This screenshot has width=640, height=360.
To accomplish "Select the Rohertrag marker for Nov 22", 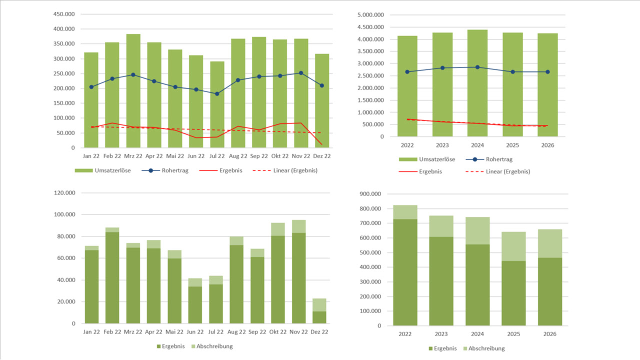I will tap(301, 73).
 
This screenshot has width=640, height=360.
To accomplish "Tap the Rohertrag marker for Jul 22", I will tap(217, 94).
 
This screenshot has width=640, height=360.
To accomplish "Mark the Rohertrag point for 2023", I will tap(442, 68).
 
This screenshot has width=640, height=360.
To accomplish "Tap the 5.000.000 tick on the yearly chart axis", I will tap(370, 14).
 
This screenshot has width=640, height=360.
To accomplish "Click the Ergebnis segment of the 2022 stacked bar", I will tap(405, 272).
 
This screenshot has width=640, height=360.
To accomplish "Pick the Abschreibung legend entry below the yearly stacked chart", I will tap(483, 348).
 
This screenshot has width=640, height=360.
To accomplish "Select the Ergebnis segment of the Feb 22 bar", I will tap(112, 277).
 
